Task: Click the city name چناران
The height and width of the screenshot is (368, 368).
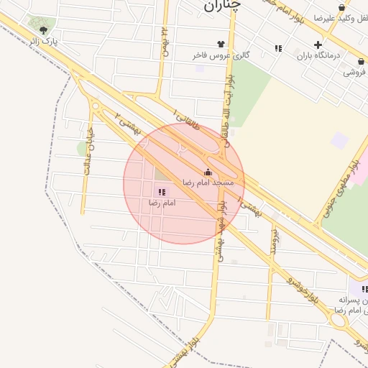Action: tap(219, 6)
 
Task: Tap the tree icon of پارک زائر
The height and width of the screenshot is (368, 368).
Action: tap(44, 30)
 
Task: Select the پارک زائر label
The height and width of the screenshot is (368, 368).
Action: tap(60, 42)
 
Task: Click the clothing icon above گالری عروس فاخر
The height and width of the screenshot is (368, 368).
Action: tap(211, 44)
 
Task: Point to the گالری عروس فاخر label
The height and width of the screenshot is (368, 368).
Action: tap(211, 55)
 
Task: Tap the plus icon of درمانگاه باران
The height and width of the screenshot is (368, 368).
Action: tap(318, 45)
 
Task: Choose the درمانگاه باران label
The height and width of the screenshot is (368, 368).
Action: tap(317, 55)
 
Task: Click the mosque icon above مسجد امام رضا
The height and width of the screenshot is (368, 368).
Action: tap(208, 172)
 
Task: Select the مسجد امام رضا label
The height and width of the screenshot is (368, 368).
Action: tap(208, 183)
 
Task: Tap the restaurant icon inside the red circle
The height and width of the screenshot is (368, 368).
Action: tap(162, 192)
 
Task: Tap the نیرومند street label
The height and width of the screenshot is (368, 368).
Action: tap(274, 243)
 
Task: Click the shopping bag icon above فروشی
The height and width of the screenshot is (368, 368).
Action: tap(361, 62)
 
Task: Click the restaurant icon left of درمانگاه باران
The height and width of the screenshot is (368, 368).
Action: tap(278, 48)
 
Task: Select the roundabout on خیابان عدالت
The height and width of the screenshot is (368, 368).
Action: tap(96, 106)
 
